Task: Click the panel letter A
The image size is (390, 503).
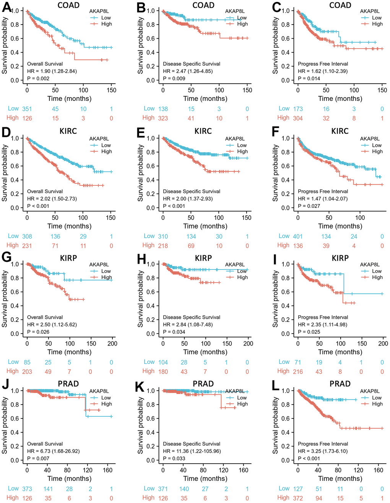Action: click(x=6, y=7)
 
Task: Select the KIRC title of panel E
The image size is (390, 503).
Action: click(x=203, y=131)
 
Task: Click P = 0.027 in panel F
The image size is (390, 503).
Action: click(x=309, y=206)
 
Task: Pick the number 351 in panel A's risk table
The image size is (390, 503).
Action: click(x=27, y=109)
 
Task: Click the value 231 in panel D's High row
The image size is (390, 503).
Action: click(x=27, y=246)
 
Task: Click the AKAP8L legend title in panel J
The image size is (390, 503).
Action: click(x=99, y=391)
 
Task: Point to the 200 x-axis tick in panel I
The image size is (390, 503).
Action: click(x=383, y=343)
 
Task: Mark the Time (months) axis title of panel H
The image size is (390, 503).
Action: click(x=205, y=352)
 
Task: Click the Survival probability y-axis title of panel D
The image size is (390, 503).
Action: click(x=5, y=173)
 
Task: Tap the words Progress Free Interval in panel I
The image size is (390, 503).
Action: click(x=323, y=317)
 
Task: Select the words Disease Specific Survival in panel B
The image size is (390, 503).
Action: click(x=192, y=64)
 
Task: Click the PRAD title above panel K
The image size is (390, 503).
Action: click(x=203, y=384)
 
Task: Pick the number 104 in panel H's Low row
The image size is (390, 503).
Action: click(x=163, y=362)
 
